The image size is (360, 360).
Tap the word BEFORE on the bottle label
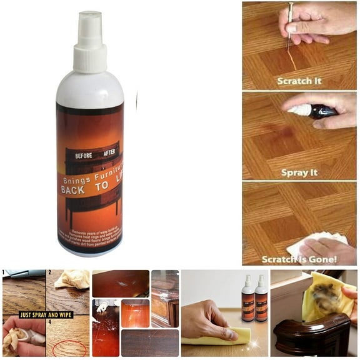(83, 155)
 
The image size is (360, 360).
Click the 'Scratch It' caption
(299, 81)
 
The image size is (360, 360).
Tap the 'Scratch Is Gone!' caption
(300, 259)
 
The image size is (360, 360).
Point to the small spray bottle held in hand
(316, 112)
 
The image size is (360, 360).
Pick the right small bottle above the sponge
(261, 299)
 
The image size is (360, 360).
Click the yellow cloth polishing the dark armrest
(326, 297)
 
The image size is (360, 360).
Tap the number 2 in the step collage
(49, 273)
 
